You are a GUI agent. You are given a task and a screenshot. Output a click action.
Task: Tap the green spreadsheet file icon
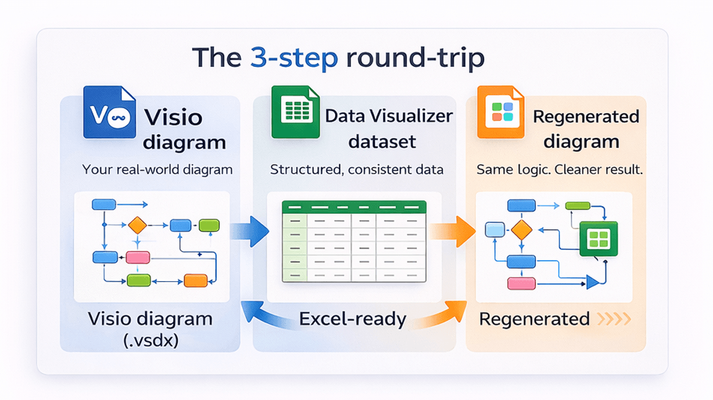tap(295, 112)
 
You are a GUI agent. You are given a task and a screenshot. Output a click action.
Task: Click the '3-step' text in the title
tap(294, 58)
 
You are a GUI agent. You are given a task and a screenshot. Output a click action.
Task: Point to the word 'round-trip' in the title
tap(414, 58)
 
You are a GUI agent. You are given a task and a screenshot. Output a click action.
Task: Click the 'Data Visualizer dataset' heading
tap(388, 129)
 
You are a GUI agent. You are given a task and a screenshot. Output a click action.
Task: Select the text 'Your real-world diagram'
tap(157, 169)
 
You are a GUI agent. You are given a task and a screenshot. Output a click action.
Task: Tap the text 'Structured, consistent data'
tap(357, 169)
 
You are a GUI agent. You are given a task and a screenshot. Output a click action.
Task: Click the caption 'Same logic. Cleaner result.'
tap(559, 169)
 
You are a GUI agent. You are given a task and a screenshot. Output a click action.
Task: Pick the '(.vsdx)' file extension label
tap(150, 339)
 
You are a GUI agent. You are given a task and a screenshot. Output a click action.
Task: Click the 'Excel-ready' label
tap(352, 320)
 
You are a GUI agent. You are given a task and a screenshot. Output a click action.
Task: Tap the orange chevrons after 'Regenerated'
tap(614, 320)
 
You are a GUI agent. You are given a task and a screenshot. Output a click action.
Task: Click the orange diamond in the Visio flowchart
tap(138, 225)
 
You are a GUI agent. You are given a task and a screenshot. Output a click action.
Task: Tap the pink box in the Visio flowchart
tap(138, 258)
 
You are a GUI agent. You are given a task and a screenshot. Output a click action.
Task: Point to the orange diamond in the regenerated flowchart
tap(522, 230)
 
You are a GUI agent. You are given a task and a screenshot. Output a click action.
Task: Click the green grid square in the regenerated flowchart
tap(598, 238)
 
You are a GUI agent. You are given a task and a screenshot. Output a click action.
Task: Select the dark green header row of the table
tap(354, 207)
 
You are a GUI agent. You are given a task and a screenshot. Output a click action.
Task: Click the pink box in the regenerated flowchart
tap(521, 284)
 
